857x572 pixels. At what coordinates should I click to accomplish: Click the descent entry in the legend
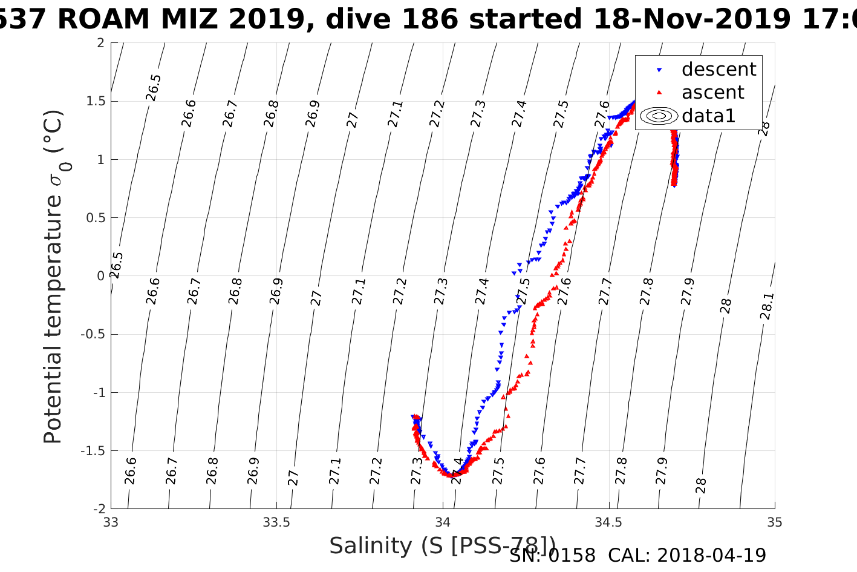tap(719, 70)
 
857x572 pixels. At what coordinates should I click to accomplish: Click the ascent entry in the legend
tap(712, 93)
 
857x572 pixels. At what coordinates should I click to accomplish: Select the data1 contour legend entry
tap(708, 116)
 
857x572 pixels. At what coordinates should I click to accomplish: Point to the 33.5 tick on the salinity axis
tap(276, 522)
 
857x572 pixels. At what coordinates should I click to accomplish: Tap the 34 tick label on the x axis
tap(443, 522)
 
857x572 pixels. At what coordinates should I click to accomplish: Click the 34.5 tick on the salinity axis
tap(608, 522)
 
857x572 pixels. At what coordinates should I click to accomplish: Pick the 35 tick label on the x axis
tap(774, 522)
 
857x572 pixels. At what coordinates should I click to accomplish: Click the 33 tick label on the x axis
tap(111, 522)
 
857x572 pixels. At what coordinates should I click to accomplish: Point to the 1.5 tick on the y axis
tap(94, 101)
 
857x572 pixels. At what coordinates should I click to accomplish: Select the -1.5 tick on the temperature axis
tap(92, 451)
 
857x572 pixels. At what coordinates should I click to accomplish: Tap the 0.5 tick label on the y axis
tap(94, 218)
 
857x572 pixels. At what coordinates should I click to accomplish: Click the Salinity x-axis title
tap(442, 546)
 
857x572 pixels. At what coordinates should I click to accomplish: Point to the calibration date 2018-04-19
tap(711, 556)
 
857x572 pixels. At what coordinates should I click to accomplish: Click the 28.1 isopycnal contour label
tap(766, 306)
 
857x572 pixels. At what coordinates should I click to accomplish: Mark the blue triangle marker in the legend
tap(659, 70)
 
